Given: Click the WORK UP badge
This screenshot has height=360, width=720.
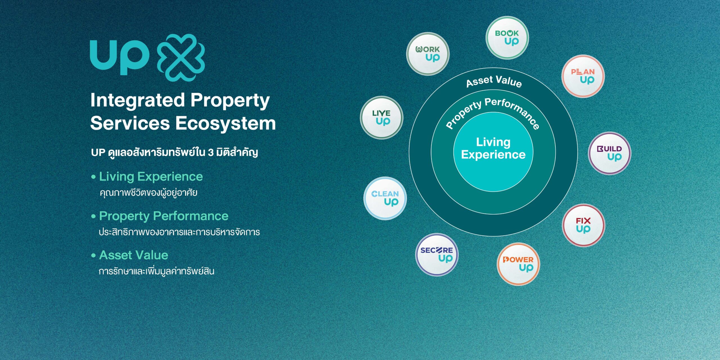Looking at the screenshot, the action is coord(427,54).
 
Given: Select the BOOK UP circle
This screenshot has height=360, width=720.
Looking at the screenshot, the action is coord(507,38).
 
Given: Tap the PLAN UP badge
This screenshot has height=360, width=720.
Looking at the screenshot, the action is coord(583,76).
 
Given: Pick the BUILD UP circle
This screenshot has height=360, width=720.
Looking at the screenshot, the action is coord(609,153).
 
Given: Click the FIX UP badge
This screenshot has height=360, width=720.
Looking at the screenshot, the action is coord(584,225).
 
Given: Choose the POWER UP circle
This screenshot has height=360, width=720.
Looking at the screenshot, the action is coord(518,264).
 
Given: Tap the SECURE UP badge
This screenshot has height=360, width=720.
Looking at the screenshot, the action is coord(437,255).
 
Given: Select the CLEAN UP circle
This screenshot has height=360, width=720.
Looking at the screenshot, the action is coord(385,198).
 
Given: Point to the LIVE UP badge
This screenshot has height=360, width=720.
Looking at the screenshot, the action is coord(382,118).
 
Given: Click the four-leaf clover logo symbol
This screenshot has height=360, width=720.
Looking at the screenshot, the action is coord(181,58).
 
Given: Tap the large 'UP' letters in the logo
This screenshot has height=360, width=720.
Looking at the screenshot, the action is coord(119,57).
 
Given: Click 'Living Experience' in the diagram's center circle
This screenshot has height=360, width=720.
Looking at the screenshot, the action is coord(493,148).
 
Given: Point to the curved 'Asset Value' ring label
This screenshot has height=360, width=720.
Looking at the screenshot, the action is coord(494,81).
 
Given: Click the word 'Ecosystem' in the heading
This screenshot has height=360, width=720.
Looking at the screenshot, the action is coord(226,123).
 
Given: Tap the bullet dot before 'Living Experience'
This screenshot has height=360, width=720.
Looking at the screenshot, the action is coord(93,177).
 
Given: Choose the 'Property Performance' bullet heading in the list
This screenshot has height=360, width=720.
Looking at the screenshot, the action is coord(164,216).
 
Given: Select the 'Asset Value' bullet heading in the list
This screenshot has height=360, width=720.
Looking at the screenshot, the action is coord(134,255).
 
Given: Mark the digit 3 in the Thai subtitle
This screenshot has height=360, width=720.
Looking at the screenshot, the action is coord(211,152).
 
